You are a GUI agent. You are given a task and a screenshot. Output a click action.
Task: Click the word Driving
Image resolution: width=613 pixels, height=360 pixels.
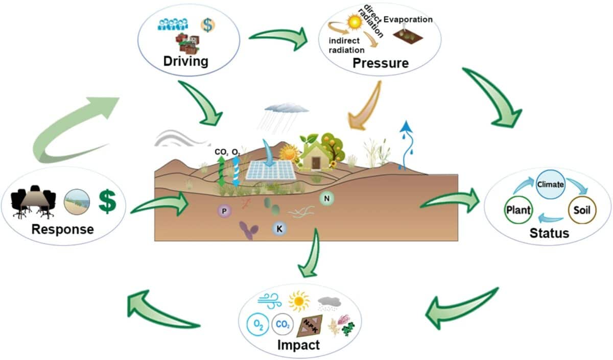pyautogui.click(x=186, y=61)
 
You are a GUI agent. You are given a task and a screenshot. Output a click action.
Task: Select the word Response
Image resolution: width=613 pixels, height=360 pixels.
pyautogui.click(x=62, y=228)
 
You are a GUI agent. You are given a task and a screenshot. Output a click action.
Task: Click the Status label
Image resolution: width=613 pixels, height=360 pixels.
pyautogui.click(x=549, y=233)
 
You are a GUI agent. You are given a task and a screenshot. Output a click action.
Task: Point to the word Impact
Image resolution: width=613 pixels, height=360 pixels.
pyautogui.click(x=298, y=345)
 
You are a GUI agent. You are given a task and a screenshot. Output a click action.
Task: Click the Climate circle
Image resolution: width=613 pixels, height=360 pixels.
pyautogui.click(x=550, y=184)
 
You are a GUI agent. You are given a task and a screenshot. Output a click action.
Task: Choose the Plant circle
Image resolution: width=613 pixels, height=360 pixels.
pyautogui.click(x=518, y=209)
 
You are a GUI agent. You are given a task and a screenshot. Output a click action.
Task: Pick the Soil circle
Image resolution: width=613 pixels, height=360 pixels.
pyautogui.click(x=582, y=209)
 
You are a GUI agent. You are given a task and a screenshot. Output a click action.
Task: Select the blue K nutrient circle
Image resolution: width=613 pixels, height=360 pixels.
pyautogui.click(x=279, y=229)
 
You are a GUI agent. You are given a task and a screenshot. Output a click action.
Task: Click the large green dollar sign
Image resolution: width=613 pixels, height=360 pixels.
pyautogui.click(x=107, y=202)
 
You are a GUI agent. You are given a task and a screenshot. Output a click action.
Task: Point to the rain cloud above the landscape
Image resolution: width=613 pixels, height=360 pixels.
pyautogui.click(x=286, y=108)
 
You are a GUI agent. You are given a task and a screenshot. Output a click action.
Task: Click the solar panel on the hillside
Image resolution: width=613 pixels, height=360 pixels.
pyautogui.click(x=271, y=170)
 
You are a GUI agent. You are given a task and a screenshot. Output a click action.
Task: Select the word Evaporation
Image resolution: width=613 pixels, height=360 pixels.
pyautogui.click(x=408, y=19)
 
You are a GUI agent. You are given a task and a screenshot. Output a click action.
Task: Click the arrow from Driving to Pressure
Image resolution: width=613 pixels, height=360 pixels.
pyautogui.click(x=278, y=37)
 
